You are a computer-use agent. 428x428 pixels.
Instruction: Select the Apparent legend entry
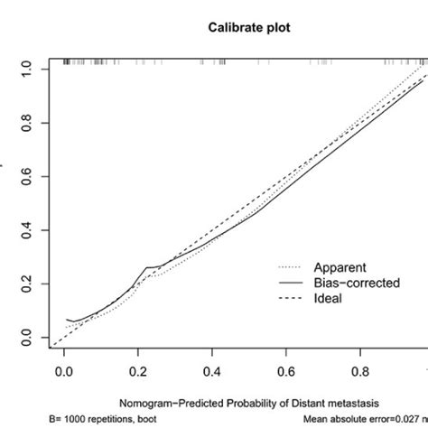(x=339, y=267)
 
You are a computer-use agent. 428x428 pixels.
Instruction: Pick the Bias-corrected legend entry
(x=352, y=284)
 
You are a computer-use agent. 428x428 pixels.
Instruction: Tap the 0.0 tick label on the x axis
(x=63, y=371)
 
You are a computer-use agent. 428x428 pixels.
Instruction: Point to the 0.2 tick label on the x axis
(x=137, y=371)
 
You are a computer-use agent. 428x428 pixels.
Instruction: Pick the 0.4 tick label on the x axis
(x=211, y=371)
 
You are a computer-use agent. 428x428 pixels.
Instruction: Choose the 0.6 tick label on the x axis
(x=286, y=371)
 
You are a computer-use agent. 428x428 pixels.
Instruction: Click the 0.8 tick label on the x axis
(x=360, y=371)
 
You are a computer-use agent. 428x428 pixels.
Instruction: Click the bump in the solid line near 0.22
(x=146, y=268)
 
